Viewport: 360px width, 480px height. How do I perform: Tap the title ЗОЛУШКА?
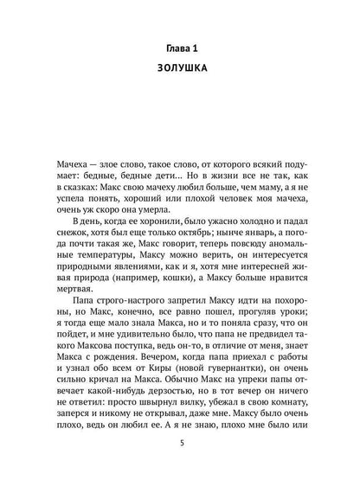pos(180,74)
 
